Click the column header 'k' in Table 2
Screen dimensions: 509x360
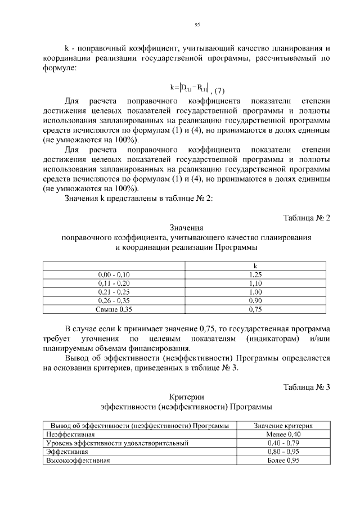point(255,266)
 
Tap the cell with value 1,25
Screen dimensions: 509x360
point(255,274)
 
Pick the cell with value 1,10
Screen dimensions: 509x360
point(255,283)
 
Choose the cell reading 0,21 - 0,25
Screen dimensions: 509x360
point(114,292)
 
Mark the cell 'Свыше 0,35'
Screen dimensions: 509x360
point(114,309)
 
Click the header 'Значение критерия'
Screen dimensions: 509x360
point(283,426)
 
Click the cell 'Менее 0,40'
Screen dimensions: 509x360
point(283,435)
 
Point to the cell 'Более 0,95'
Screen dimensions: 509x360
point(283,460)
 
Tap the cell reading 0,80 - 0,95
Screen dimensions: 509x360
point(283,452)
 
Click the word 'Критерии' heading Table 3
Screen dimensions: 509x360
point(186,397)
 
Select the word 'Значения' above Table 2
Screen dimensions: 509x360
point(186,228)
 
